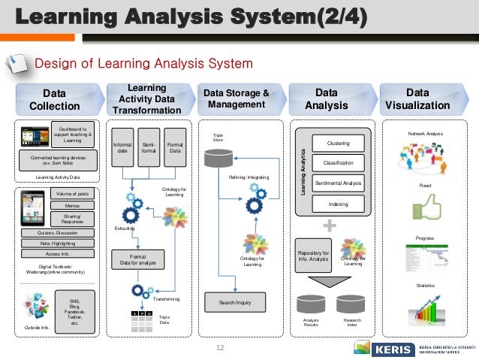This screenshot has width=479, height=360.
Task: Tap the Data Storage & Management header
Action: pyautogui.click(x=234, y=99)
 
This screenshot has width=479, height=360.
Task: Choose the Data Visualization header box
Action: pyautogui.click(x=417, y=99)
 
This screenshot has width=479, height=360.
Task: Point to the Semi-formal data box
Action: pyautogui.click(x=148, y=147)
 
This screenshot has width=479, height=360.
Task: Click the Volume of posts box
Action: pyautogui.click(x=72, y=194)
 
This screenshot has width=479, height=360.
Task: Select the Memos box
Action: pyautogui.click(x=72, y=206)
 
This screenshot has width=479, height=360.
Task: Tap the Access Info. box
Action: pyautogui.click(x=58, y=254)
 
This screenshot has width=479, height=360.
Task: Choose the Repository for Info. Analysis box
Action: pyautogui.click(x=313, y=256)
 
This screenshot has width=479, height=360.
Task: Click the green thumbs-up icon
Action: pyautogui.click(x=425, y=206)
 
